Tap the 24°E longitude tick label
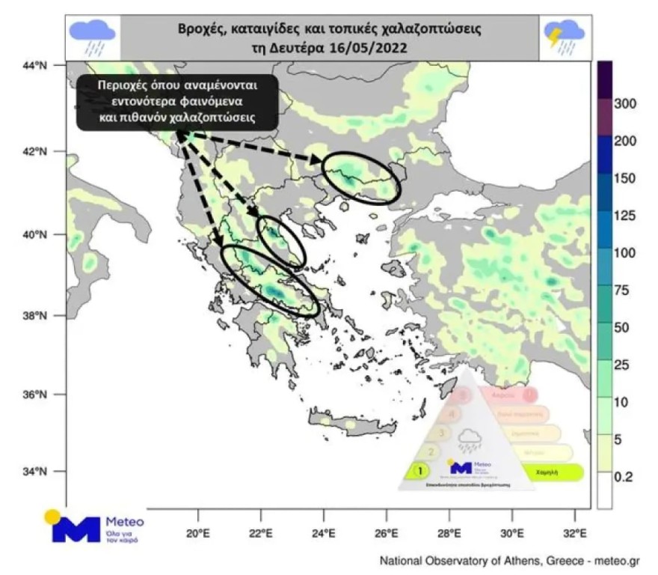(324, 535)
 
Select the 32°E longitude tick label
(574, 535)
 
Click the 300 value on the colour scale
(624, 103)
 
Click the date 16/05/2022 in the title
(367, 47)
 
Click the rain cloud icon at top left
(92, 37)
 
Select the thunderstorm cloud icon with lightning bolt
(565, 36)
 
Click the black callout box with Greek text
(177, 102)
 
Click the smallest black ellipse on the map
(281, 241)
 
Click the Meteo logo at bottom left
(96, 526)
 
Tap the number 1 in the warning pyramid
(420, 471)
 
